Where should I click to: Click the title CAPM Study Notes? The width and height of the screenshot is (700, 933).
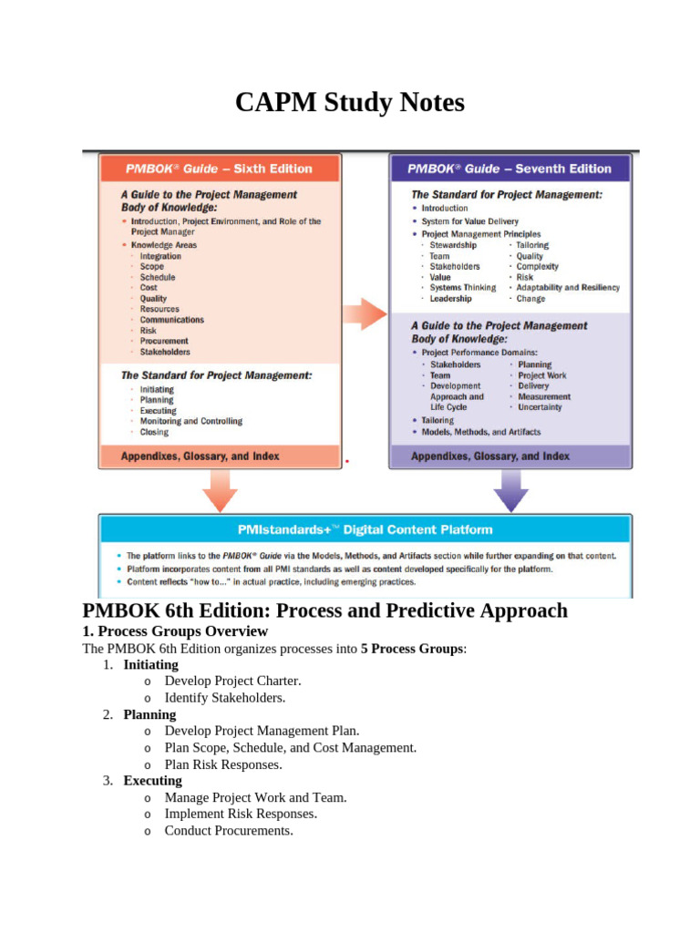click(x=350, y=103)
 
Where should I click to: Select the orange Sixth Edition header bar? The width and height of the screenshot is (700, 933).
click(x=220, y=169)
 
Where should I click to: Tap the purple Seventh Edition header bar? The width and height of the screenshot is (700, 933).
click(x=510, y=169)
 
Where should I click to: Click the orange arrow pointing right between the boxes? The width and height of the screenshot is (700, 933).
click(x=365, y=313)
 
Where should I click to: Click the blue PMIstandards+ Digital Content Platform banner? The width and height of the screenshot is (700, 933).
click(x=365, y=529)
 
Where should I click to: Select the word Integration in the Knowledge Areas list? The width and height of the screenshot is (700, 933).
click(x=160, y=256)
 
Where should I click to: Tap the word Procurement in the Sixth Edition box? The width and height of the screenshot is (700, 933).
click(x=164, y=341)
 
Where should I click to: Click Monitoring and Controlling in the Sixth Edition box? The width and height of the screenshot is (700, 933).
click(x=191, y=421)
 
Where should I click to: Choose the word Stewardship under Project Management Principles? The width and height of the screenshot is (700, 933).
click(x=453, y=245)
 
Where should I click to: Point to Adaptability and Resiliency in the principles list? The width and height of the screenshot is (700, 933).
click(x=568, y=288)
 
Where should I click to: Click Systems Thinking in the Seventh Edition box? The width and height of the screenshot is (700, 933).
click(x=463, y=288)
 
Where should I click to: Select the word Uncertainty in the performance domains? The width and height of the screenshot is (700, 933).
click(x=540, y=407)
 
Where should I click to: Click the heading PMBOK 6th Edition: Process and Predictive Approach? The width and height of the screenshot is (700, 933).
click(x=324, y=610)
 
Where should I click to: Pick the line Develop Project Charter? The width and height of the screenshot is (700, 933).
click(x=232, y=681)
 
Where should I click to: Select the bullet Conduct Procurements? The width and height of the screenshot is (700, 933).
click(x=229, y=831)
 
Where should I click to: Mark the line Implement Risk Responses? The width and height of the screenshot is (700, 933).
click(x=241, y=814)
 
